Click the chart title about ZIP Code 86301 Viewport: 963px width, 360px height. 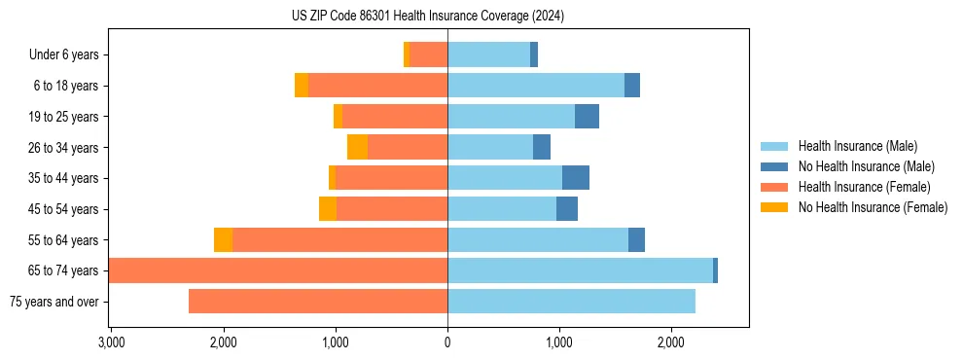click(428, 16)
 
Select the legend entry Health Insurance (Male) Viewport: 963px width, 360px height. click(857, 147)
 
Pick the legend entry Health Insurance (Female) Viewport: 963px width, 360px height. click(864, 187)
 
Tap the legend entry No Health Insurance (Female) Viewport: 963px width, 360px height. click(873, 207)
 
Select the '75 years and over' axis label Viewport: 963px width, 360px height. click(54, 302)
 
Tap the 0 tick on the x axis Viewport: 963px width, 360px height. click(447, 342)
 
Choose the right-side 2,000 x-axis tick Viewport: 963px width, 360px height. click(671, 342)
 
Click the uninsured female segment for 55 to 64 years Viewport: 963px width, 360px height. click(223, 240)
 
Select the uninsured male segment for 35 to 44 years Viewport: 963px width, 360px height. click(576, 178)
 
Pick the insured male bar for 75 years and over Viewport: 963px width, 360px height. click(571, 302)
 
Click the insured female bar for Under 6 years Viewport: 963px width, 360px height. click(428, 55)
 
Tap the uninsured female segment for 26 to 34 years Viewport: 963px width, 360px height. click(357, 148)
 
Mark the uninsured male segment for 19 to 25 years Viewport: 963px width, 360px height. click(587, 117)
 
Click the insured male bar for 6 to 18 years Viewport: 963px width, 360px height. click(536, 86)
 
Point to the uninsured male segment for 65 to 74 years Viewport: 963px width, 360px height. click(716, 270)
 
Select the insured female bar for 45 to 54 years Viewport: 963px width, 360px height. click(392, 209)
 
